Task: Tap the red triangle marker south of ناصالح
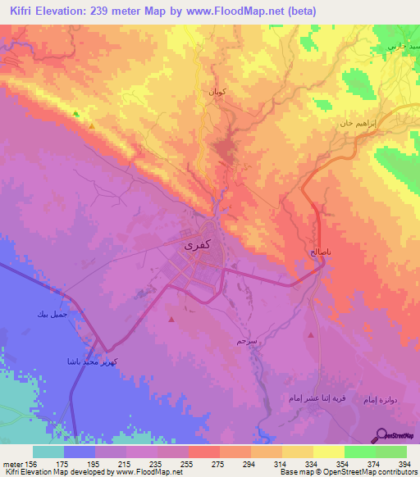click(x=311, y=335)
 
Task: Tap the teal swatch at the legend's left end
click(x=48, y=452)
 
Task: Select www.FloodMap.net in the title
click(x=239, y=11)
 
